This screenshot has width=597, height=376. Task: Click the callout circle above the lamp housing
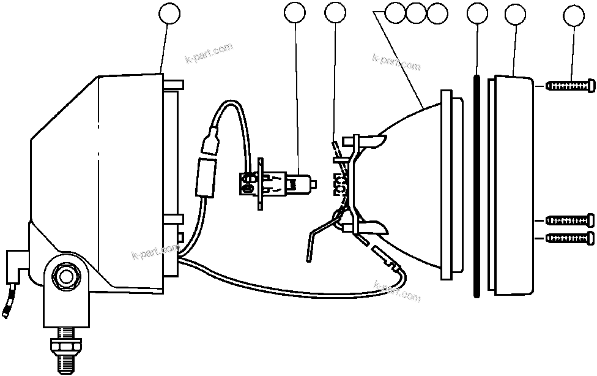[x=169, y=13]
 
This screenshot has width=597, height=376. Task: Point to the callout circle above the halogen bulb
[x=295, y=13]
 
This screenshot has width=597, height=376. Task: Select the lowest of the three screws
[x=569, y=238]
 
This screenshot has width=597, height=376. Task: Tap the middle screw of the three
[x=569, y=219]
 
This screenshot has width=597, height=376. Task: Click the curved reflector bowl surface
[x=404, y=184]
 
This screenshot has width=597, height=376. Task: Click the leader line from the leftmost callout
[x=163, y=49]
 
